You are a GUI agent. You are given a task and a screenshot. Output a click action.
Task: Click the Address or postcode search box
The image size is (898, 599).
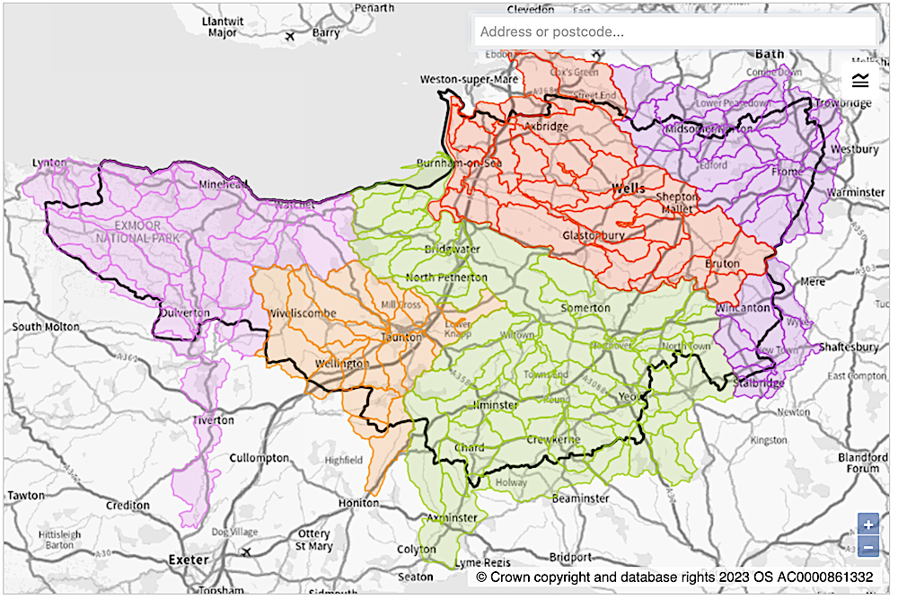click(673, 31)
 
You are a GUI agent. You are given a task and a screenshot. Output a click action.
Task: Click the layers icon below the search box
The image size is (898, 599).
click(860, 81)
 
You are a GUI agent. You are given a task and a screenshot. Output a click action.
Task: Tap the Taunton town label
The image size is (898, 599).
click(402, 337)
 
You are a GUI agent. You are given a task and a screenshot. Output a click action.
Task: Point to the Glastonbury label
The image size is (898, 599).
click(593, 235)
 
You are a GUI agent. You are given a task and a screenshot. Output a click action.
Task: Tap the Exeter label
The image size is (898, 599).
click(189, 559)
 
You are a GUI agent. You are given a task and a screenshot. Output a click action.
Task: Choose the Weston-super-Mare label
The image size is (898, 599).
click(470, 80)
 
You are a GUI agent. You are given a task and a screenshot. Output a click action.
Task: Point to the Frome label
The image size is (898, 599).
click(788, 171)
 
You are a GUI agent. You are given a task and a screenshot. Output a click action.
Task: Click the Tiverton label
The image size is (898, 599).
click(213, 420)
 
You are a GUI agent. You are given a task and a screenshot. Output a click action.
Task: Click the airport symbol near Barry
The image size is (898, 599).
click(289, 37)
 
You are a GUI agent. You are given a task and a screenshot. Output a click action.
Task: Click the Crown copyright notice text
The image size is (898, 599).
click(679, 577)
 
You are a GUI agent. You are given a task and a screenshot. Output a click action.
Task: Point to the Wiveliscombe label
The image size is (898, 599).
click(302, 313)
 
